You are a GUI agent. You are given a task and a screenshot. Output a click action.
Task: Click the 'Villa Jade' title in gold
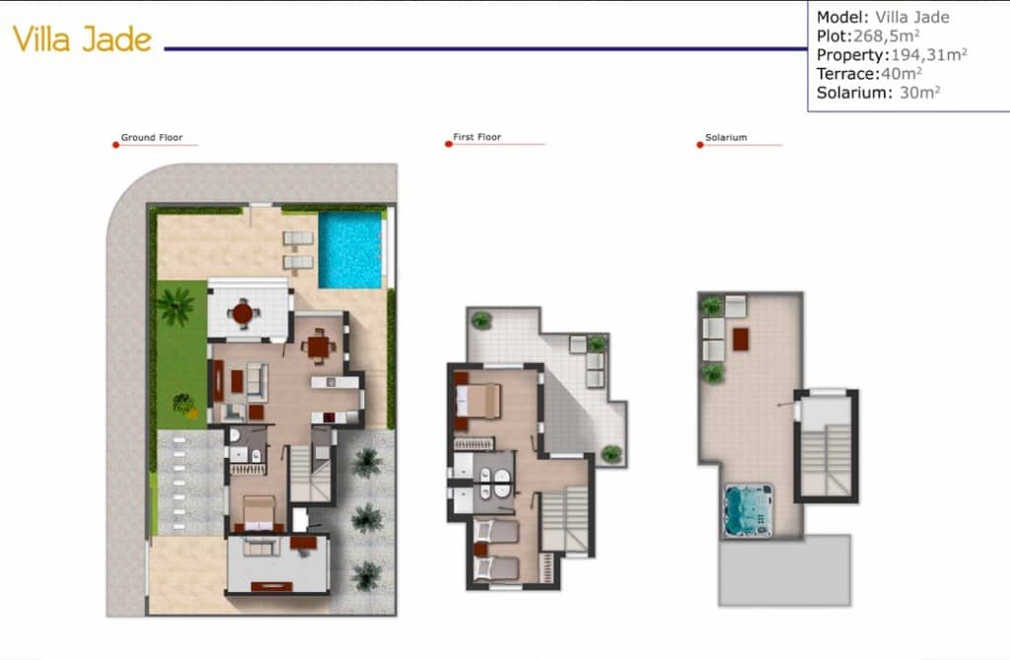click(82, 39)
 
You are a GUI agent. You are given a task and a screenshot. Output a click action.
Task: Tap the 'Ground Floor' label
click(152, 138)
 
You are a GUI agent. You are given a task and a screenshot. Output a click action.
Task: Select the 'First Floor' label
click(477, 138)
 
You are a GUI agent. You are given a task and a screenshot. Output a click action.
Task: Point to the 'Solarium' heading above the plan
click(726, 138)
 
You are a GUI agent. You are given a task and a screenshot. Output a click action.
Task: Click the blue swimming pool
click(350, 250)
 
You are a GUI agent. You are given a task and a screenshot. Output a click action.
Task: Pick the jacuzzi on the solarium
click(749, 510)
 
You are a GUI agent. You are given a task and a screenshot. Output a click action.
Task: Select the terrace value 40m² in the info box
click(902, 73)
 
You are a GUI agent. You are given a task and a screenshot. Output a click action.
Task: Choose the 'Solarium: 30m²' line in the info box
click(878, 93)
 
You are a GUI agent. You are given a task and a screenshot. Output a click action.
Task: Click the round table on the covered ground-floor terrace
click(242, 313)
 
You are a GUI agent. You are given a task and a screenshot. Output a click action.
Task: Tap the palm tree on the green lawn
click(177, 306)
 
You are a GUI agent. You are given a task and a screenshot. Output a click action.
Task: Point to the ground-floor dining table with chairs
click(317, 346)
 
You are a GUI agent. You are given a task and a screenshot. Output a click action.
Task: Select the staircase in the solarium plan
click(827, 459)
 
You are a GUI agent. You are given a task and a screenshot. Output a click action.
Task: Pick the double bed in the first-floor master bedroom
click(482, 400)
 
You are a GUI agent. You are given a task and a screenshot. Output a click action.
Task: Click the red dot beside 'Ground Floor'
click(115, 145)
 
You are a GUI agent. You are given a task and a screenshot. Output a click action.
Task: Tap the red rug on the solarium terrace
click(741, 338)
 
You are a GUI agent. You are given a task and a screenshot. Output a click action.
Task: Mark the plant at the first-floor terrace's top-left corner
click(481, 320)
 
